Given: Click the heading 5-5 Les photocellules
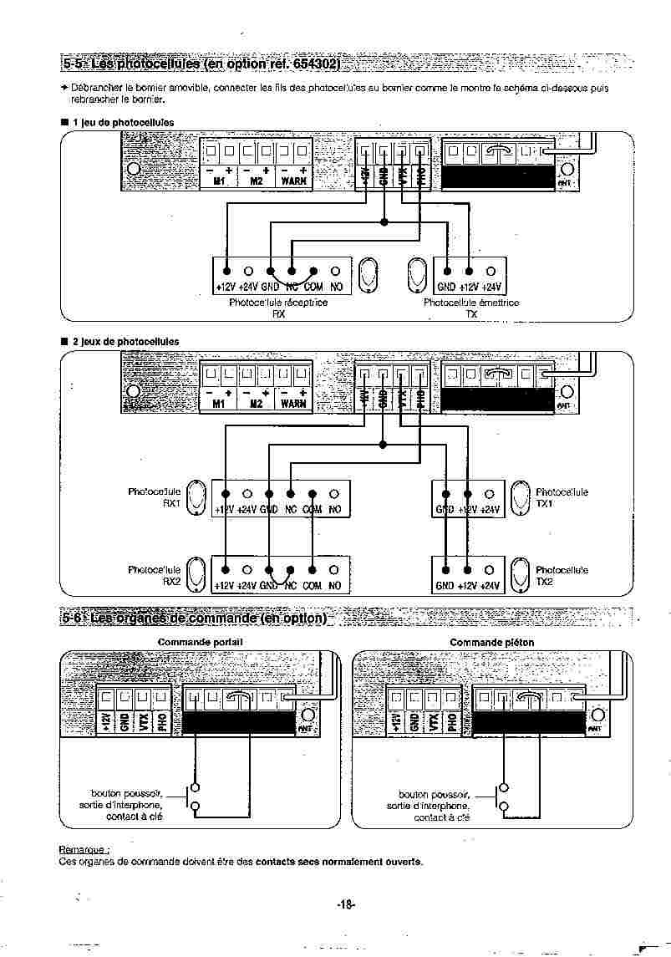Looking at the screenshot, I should click(201, 64).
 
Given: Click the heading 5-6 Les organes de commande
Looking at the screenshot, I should click(194, 618).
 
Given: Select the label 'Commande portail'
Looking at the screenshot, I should click(201, 642).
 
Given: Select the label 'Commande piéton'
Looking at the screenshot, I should click(492, 642).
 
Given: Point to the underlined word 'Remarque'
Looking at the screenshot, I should click(84, 849).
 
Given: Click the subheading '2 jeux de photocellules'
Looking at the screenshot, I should click(125, 341).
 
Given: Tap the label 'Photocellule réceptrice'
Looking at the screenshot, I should click(278, 303).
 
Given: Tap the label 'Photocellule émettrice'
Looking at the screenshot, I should click(471, 303).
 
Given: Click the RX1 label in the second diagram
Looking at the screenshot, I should click(172, 504).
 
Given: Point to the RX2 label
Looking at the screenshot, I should click(172, 581).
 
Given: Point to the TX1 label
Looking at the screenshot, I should click(544, 504).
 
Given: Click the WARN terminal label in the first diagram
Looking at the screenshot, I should click(293, 181).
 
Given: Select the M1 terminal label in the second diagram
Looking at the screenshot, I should click(218, 404).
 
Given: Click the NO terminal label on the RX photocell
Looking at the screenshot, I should click(335, 287).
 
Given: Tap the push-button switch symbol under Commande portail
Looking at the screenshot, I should click(196, 796).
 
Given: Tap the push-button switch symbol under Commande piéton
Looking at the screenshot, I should click(503, 796).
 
